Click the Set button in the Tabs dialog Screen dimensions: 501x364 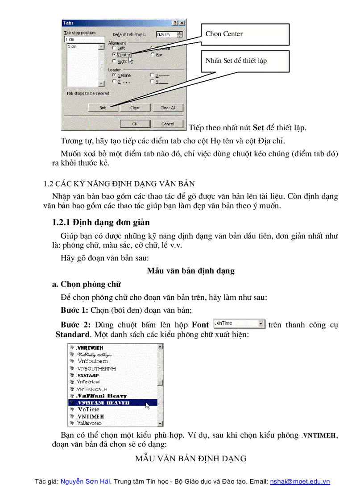click(103, 108)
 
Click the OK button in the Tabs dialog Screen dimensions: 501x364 click(134, 124)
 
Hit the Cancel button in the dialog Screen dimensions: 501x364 click(167, 124)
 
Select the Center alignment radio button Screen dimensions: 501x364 click(115, 54)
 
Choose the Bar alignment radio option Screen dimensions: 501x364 click(153, 54)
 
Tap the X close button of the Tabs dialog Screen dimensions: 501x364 click(182, 23)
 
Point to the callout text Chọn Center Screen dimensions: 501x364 click(224, 34)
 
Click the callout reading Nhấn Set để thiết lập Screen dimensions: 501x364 click(236, 60)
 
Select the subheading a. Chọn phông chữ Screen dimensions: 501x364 click(87, 284)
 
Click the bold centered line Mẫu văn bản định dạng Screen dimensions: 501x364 click(190, 271)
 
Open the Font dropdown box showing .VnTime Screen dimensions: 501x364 click(240, 323)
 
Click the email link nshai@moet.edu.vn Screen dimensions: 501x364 click(300, 482)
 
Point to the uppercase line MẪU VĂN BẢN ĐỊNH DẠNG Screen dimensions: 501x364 click(190, 459)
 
